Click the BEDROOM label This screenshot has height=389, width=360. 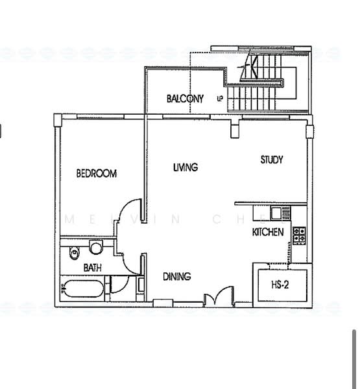tap(96, 173)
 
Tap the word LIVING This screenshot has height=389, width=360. tap(185, 167)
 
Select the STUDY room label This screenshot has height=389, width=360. tap(272, 159)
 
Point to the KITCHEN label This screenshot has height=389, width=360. tap(267, 232)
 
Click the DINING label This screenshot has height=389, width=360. tap(176, 277)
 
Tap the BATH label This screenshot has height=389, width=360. tap(91, 267)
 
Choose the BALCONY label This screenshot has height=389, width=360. tap(185, 99)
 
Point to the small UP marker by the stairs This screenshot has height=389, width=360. tap(220, 99)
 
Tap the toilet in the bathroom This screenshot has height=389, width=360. tap(96, 247)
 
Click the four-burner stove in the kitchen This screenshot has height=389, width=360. tap(299, 235)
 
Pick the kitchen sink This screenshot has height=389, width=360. tap(277, 212)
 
